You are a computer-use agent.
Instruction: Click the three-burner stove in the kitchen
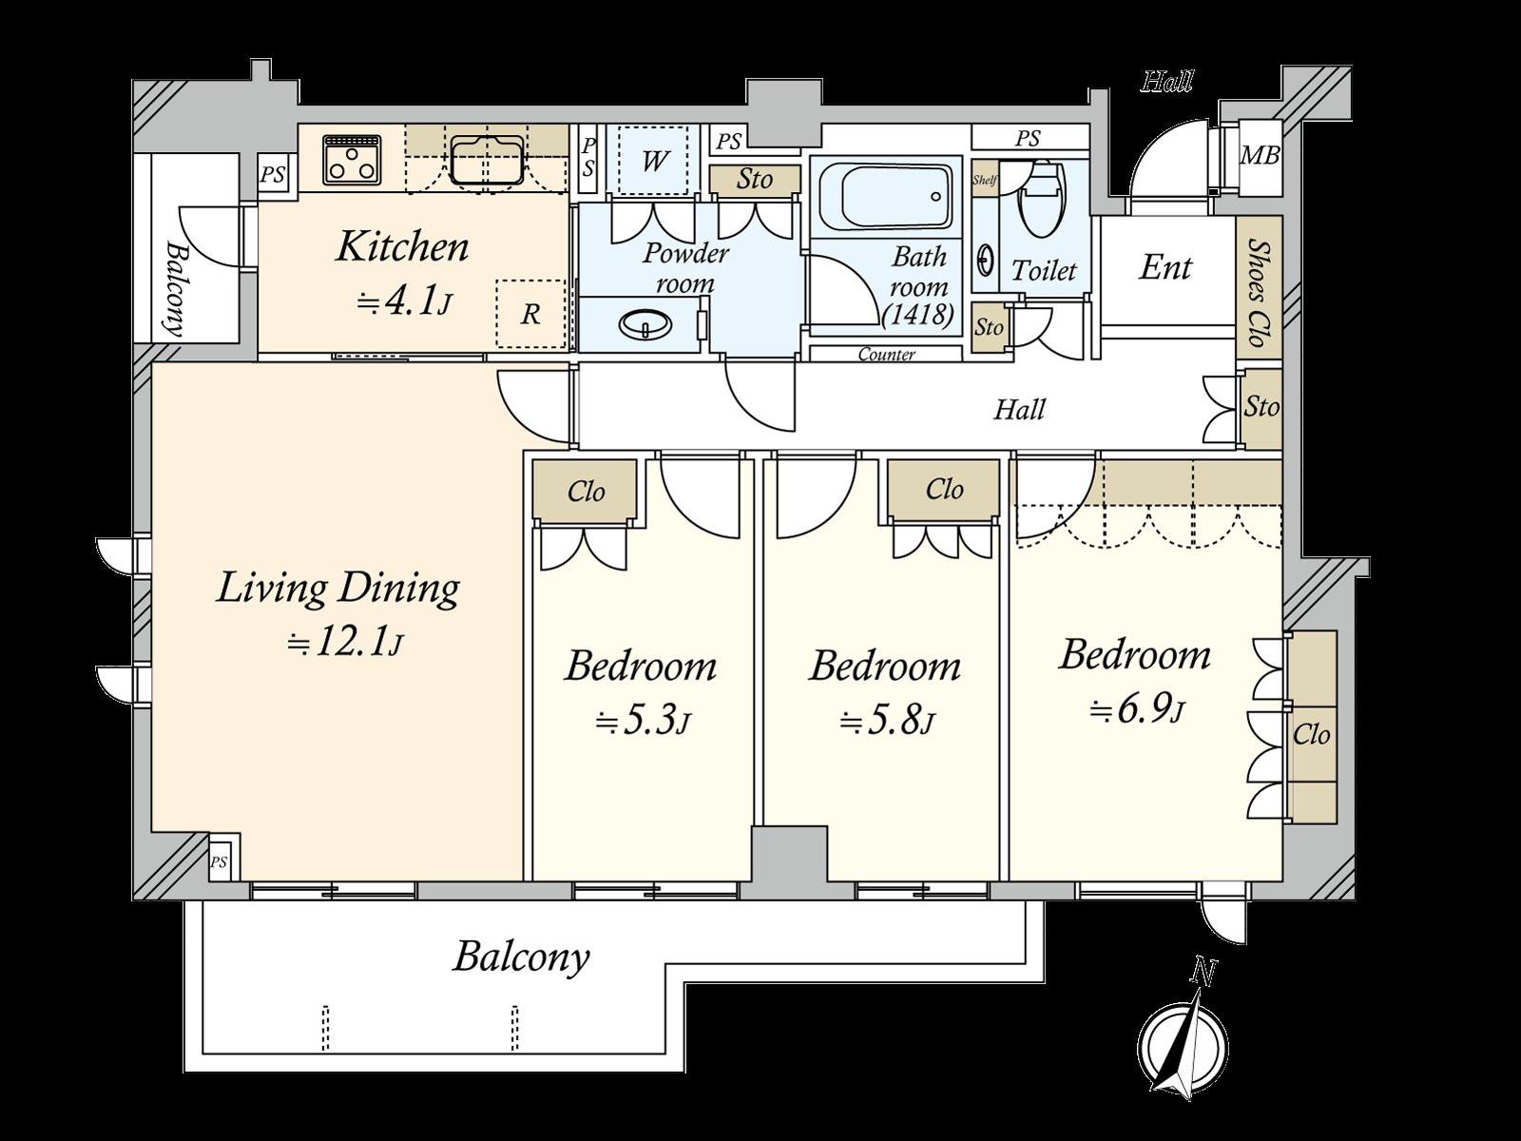353,160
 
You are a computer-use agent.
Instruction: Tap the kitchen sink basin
487,160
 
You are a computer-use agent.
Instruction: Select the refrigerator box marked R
530,315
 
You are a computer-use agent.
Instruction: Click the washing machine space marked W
653,161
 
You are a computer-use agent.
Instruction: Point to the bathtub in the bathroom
885,197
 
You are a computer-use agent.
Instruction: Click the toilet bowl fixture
1044,198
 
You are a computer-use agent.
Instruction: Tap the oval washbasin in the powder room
646,323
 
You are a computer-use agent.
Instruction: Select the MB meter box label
1259,155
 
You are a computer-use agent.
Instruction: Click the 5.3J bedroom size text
643,723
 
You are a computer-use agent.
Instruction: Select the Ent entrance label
1165,267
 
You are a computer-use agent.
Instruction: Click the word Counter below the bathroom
887,355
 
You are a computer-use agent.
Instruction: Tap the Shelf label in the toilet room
985,180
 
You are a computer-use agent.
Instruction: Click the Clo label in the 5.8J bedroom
945,490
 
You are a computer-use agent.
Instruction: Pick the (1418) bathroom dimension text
918,316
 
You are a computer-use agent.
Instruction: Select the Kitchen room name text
402,246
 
